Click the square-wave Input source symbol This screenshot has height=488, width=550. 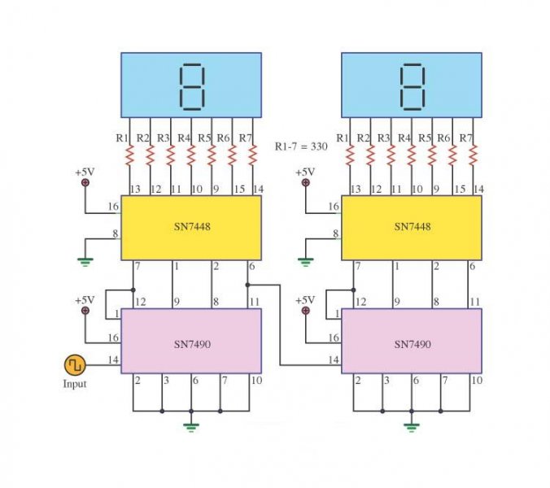[x=75, y=365]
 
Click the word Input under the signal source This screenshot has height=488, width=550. [x=74, y=384]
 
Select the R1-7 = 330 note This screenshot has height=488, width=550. [x=301, y=146]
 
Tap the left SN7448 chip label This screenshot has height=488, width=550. [x=192, y=226]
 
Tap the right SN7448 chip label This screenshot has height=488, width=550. [x=412, y=226]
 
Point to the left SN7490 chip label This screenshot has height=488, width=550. [x=192, y=344]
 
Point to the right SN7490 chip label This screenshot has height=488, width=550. [x=412, y=344]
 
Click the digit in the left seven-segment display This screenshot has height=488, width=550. [x=191, y=87]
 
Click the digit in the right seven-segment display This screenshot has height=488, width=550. [x=412, y=87]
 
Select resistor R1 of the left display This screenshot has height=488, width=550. [x=129, y=155]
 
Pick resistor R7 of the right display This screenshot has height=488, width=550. [x=473, y=155]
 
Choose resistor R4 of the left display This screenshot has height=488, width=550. [x=191, y=155]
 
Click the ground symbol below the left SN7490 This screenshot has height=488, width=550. [x=191, y=427]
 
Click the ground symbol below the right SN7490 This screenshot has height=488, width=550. [x=412, y=427]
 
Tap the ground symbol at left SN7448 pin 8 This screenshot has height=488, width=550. [x=85, y=262]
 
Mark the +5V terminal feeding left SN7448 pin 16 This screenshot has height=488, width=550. [x=85, y=182]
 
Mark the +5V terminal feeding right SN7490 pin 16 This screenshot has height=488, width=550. [x=306, y=311]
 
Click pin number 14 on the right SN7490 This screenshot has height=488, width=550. [x=334, y=359]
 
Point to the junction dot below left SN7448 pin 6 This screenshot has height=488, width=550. [x=247, y=285]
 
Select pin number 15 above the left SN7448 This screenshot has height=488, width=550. [x=239, y=190]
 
